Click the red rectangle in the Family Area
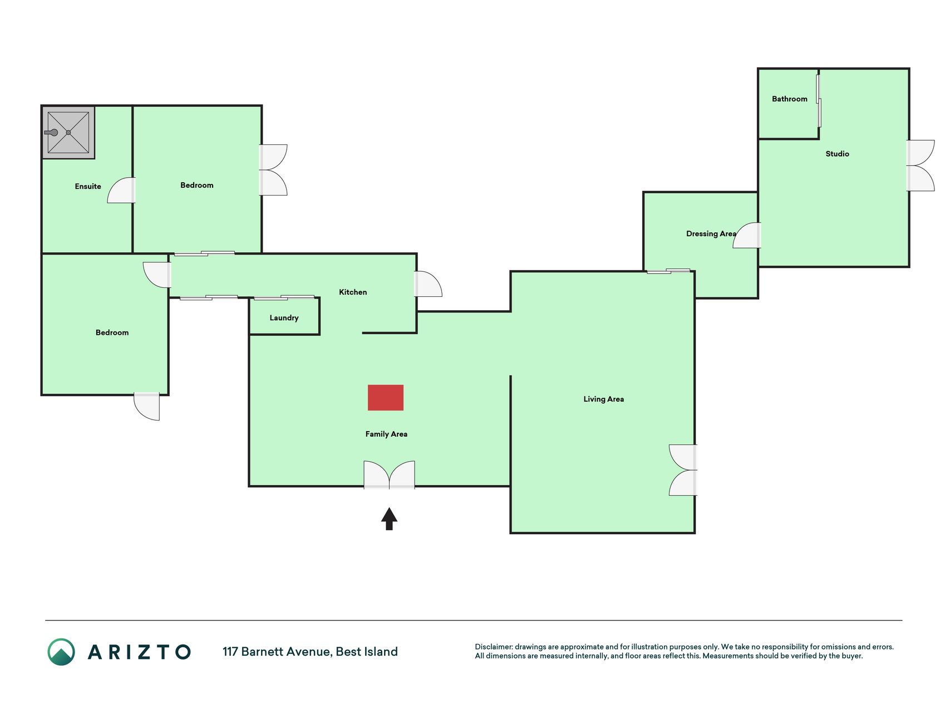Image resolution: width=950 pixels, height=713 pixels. (385, 398)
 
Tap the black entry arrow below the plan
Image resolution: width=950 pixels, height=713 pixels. (389, 519)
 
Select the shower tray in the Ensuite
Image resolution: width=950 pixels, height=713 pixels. (68, 133)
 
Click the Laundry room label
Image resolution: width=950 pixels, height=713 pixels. (284, 318)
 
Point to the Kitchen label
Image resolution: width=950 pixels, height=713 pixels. (353, 292)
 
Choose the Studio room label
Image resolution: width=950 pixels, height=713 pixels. (837, 154)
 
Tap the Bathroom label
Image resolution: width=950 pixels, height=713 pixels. (789, 99)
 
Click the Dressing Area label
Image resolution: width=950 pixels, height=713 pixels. (711, 234)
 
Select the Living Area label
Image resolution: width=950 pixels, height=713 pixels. (603, 399)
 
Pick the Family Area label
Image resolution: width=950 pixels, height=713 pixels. (386, 434)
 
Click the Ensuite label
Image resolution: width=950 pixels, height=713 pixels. (88, 187)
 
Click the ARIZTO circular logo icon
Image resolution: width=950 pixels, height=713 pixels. (61, 652)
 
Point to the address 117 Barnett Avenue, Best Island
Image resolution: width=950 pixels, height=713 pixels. (310, 652)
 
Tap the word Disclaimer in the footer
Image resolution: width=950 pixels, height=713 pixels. (493, 647)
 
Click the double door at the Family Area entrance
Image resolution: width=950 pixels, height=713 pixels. (389, 475)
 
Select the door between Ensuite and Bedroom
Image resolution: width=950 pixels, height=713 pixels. (121, 190)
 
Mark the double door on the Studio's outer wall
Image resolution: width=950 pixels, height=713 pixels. (921, 165)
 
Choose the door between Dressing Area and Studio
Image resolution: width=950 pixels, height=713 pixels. (747, 235)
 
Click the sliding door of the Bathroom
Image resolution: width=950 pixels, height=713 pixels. (819, 101)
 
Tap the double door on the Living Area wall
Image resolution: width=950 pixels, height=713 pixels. (683, 470)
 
